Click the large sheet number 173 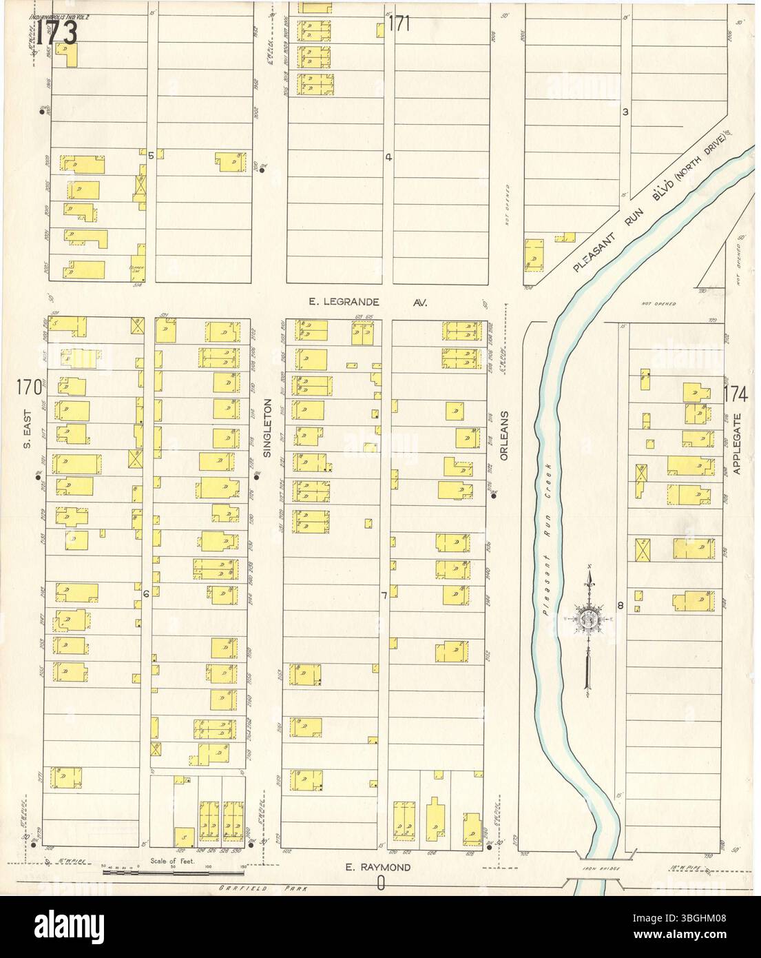[56, 32]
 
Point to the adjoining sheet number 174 [736, 394]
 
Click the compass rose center [589, 618]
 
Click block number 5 [150, 154]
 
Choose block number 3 [625, 112]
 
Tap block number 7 [384, 594]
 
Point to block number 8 [620, 606]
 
